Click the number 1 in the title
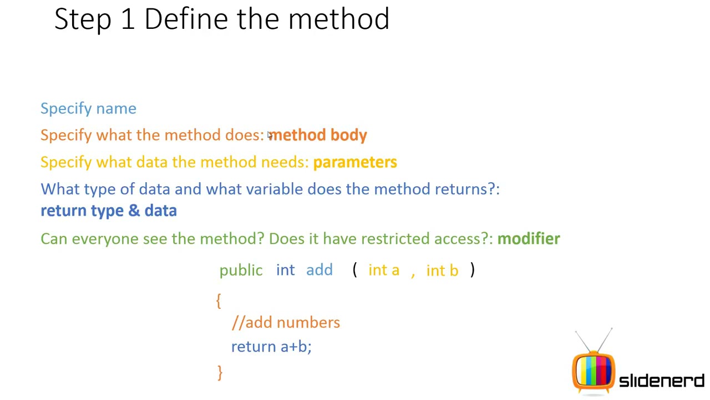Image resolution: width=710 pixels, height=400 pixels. (127, 19)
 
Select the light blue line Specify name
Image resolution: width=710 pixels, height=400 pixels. (88, 108)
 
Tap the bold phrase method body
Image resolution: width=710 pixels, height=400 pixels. (318, 135)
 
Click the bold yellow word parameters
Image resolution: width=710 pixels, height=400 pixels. (355, 162)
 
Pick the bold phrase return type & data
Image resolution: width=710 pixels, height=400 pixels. (109, 211)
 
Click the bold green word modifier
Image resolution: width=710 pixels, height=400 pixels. (529, 239)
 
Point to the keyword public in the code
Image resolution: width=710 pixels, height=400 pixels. (241, 271)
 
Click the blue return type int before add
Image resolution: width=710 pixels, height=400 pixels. (285, 270)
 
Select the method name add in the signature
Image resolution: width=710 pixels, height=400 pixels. (319, 270)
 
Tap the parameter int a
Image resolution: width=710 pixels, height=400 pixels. (383, 270)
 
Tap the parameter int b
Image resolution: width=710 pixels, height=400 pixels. (442, 271)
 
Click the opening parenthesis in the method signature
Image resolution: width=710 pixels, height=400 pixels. (354, 270)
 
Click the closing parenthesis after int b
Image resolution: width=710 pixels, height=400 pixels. (472, 270)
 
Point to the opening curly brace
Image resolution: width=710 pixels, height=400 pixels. (219, 301)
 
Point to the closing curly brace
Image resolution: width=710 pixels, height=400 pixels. (220, 372)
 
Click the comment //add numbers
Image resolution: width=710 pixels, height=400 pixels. (286, 323)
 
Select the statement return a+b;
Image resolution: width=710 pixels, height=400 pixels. (271, 347)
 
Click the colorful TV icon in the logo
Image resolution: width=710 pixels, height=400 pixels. (593, 369)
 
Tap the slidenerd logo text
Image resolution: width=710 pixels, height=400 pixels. (661, 381)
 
